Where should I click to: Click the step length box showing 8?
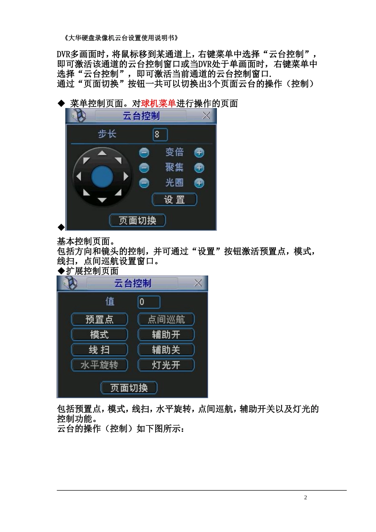coord(160,135)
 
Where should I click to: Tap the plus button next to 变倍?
coord(199,153)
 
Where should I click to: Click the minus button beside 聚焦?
coord(144,168)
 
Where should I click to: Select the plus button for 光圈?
coord(199,183)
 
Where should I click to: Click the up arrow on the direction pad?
coord(102,153)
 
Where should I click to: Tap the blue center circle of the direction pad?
coord(102,177)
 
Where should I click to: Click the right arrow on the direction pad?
coord(126,177)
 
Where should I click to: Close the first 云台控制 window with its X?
coord(206,116)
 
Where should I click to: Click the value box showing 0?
coord(149,302)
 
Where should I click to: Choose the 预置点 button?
coord(99,319)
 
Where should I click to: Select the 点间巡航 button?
coord(166,319)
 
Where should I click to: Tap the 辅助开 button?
coord(166,334)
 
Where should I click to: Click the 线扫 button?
coord(99,350)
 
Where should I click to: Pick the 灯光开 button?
coord(166,365)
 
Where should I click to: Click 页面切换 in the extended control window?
coord(129,388)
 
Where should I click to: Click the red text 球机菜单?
coord(158,103)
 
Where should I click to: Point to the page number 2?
coord(306,498)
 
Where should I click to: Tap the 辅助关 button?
coord(166,350)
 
